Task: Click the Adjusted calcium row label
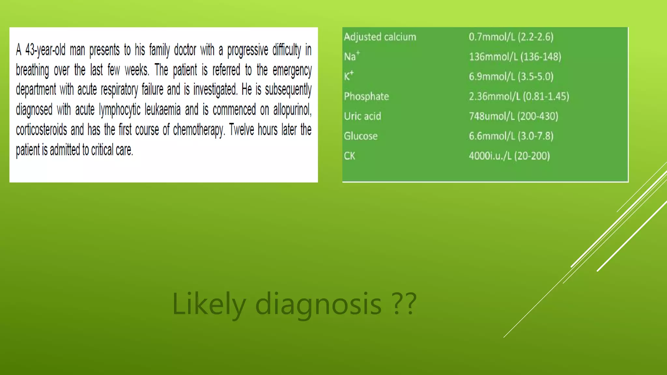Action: [x=380, y=37]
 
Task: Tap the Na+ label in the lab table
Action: [x=351, y=56]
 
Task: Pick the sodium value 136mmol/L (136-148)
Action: [x=515, y=57]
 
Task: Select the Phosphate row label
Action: [x=366, y=96]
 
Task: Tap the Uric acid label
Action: [x=362, y=116]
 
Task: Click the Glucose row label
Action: [x=361, y=136]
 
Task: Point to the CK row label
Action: [x=349, y=156]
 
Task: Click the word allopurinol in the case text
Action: [x=292, y=110]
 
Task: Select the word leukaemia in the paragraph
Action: [x=163, y=110]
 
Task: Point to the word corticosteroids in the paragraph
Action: [x=41, y=130]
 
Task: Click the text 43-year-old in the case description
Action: [x=45, y=50]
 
